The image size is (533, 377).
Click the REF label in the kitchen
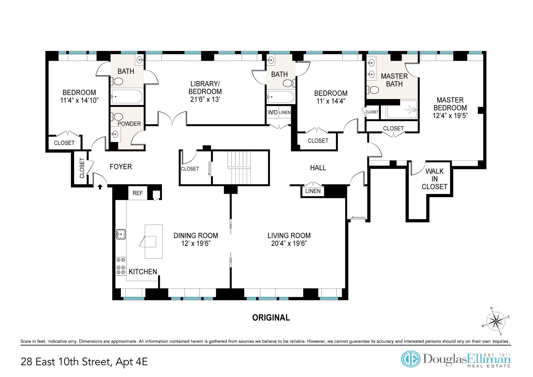point(138,193)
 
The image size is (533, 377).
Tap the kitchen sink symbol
point(121,234)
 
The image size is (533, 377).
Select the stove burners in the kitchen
point(121,266)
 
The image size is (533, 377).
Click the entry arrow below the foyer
point(100,187)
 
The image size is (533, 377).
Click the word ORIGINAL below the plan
point(271,318)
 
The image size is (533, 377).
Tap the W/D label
point(273,112)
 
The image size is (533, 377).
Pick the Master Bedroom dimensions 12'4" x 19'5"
point(450,115)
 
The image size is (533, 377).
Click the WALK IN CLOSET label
point(434,179)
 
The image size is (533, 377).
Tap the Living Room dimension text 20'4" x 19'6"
point(289,244)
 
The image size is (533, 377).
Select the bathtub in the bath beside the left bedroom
point(127,97)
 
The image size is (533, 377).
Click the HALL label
point(318,168)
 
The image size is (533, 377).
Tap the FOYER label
point(121,166)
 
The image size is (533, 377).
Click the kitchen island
point(154,242)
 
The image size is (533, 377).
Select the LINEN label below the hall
point(313,191)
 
